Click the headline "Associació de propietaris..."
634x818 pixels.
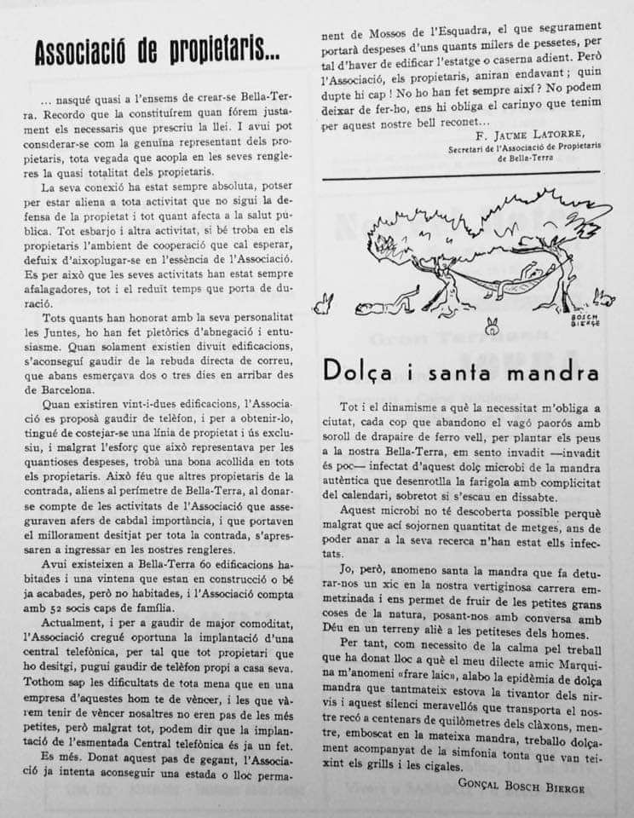pyautogui.click(x=157, y=53)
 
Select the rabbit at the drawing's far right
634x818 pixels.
pyautogui.click(x=604, y=297)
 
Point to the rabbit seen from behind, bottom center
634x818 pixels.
pyautogui.click(x=492, y=325)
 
